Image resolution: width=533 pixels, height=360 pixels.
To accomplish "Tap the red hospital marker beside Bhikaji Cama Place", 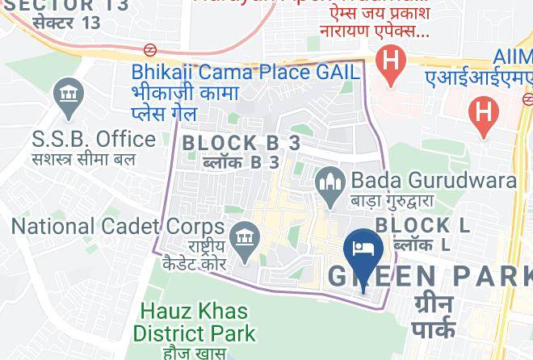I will tap(391, 62).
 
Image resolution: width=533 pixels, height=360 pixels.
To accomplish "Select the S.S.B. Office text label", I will tap(94, 138).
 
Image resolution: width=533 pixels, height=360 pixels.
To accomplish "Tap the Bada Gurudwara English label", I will tap(434, 179).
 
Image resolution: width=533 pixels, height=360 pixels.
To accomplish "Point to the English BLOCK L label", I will tap(423, 224).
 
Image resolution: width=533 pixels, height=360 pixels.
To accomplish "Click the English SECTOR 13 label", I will tap(61, 5).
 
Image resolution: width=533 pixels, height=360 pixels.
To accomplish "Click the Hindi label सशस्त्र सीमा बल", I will tap(83, 158).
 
